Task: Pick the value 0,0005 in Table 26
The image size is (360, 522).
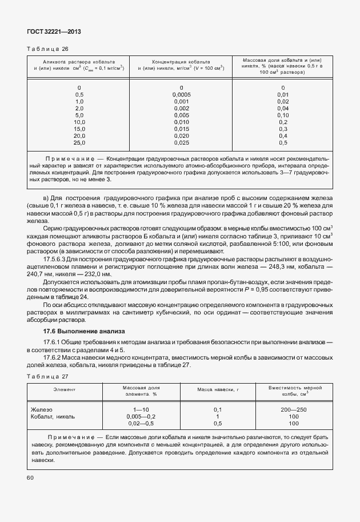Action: (181, 94)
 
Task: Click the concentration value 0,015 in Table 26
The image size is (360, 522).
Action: (181, 129)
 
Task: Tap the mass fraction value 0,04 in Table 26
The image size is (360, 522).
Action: (282, 108)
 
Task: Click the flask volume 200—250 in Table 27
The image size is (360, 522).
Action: (294, 410)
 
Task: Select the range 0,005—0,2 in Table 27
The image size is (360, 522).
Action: (141, 417)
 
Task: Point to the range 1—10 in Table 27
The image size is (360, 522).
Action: (141, 410)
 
